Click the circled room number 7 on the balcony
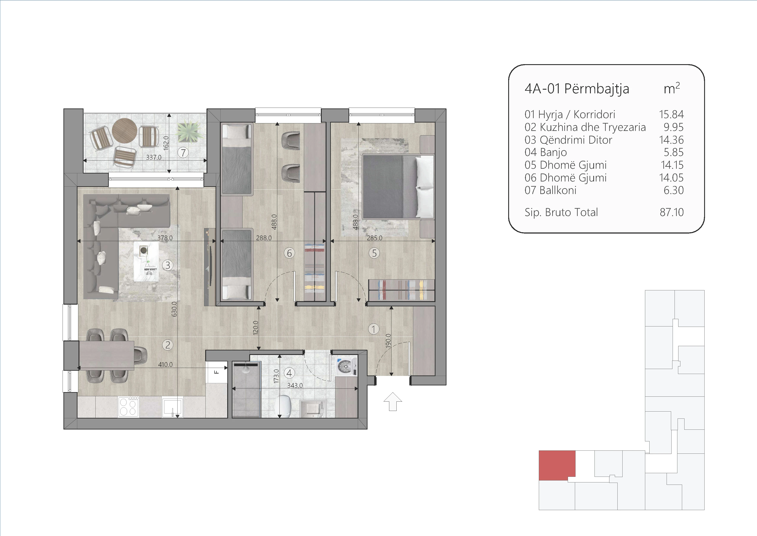pos(183,153)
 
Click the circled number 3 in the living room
pos(168,265)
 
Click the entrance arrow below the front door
pos(393,401)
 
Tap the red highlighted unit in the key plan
pos(557,465)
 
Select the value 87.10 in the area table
pos(672,212)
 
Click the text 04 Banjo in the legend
pos(546,152)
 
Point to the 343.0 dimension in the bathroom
pos(295,385)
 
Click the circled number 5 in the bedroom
pos(374,253)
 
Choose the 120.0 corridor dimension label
pos(255,328)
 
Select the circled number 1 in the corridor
pos(374,329)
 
